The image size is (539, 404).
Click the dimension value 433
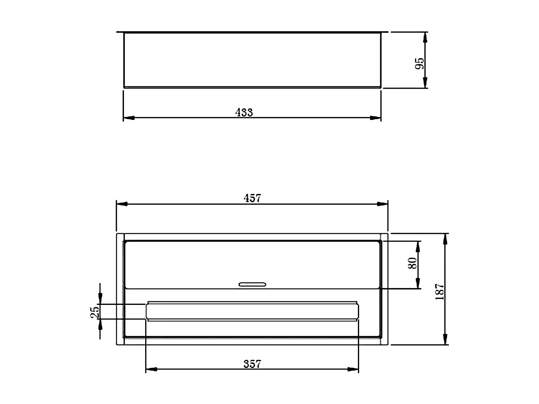coord(244,112)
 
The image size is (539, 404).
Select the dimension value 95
coord(419,64)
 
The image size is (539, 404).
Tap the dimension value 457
coord(252,198)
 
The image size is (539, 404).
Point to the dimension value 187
coord(440,292)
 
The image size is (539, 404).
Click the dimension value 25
coord(95,312)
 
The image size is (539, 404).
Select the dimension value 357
coord(252,364)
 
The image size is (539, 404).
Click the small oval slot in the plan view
coord(253,284)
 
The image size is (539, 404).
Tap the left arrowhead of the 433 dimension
coord(129,117)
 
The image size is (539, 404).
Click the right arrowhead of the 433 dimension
coord(376,117)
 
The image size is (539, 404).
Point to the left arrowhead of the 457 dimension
coord(122,204)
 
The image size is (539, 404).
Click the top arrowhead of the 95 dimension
coord(425,37)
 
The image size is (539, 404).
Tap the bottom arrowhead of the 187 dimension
coord(445,339)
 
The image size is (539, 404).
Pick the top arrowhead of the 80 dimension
coord(418,246)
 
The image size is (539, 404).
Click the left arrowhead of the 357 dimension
coord(151,369)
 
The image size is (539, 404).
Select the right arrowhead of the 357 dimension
coord(353,369)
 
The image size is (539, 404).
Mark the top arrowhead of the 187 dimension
coord(445,239)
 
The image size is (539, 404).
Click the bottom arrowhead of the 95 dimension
coord(425,82)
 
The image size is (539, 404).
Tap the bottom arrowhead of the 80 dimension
coord(418,283)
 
